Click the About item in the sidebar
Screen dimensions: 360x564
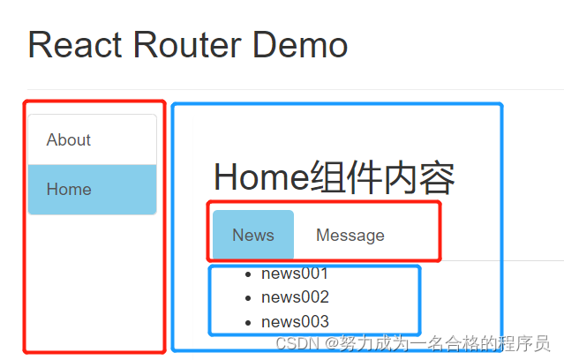click(69, 139)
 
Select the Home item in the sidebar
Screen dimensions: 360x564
click(69, 189)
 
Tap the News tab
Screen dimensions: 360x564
click(253, 235)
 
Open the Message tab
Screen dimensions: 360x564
click(350, 235)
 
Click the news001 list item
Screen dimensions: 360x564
click(295, 274)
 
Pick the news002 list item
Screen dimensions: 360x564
click(295, 297)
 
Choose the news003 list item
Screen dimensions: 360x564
click(295, 322)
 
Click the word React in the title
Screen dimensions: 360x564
click(78, 44)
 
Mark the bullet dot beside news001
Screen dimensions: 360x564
click(248, 274)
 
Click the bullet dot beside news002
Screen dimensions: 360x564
click(248, 298)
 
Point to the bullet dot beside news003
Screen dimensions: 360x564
click(248, 323)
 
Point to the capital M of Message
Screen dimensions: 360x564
click(323, 235)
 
